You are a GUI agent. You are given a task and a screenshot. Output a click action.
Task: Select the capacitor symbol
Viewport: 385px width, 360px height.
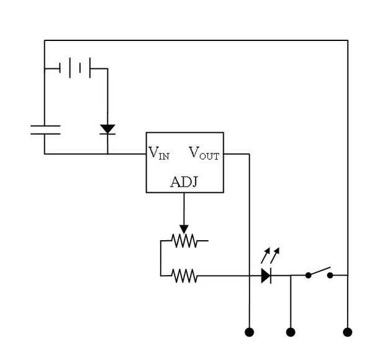tap(45, 130)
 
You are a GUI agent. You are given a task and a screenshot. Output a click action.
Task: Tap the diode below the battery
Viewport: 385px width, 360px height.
tap(107, 129)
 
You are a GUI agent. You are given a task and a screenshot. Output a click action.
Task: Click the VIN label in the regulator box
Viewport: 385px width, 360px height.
tap(158, 153)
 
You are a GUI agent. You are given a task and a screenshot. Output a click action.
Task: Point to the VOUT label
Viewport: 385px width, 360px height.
tap(204, 153)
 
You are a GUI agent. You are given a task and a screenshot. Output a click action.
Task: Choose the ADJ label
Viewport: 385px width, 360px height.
tap(184, 182)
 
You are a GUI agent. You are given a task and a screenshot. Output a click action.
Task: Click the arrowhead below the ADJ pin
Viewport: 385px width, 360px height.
tap(184, 228)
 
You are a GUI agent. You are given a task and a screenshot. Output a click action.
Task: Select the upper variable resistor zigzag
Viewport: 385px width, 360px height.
tap(184, 240)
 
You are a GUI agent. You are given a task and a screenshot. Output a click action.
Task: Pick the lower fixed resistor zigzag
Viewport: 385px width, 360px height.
tap(184, 275)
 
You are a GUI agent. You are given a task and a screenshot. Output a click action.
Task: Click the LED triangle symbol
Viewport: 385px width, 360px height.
tap(266, 275)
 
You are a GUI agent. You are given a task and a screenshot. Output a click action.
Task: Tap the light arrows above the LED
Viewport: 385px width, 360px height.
tap(271, 254)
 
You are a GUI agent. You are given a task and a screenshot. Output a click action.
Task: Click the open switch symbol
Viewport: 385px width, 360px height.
tap(319, 272)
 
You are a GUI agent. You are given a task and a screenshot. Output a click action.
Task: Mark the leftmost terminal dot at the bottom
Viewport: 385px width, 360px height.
tap(250, 332)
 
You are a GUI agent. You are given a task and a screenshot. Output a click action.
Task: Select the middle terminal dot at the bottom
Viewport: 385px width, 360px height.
tap(291, 332)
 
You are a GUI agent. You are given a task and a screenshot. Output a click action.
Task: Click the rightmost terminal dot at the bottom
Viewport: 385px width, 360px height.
tap(348, 332)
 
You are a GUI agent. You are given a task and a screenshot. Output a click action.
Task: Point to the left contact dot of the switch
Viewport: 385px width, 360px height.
tap(308, 275)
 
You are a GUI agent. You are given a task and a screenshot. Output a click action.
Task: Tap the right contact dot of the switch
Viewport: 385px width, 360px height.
tap(330, 275)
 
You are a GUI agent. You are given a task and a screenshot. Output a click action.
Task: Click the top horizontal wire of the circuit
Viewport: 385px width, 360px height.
tap(196, 41)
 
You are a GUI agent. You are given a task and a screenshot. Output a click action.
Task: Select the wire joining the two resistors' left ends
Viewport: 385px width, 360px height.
tap(160, 257)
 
